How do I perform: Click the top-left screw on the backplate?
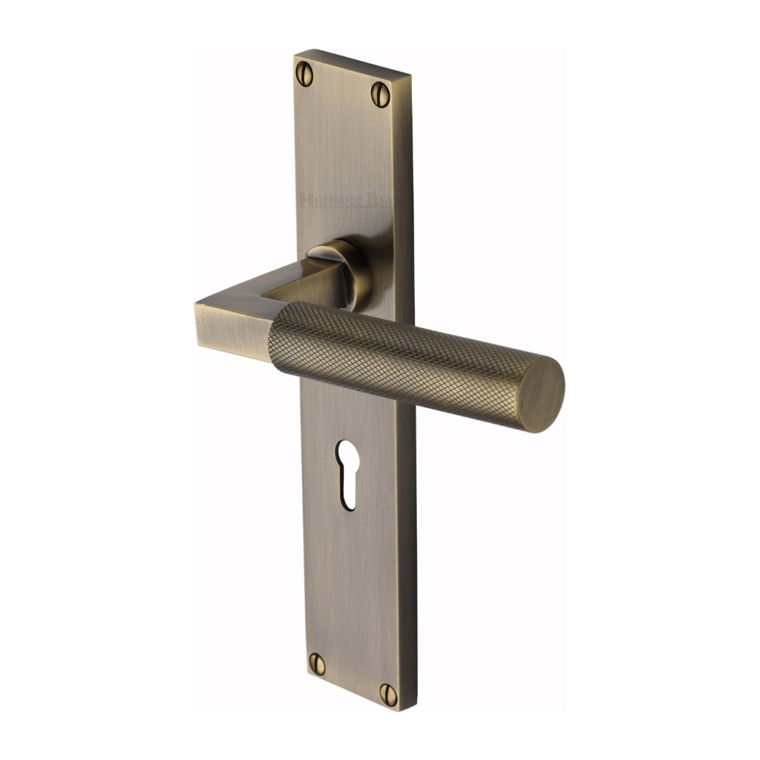click(304, 73)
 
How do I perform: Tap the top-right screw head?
click(381, 94)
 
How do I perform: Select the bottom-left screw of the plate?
click(317, 664)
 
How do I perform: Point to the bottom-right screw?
click(387, 693)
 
